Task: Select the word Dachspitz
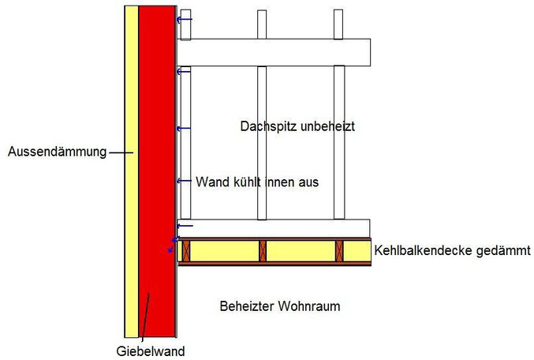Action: pyautogui.click(x=266, y=126)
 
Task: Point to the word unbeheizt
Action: pyautogui.click(x=323, y=126)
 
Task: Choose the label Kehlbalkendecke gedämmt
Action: pyautogui.click(x=452, y=251)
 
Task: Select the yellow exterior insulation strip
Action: pyautogui.click(x=131, y=197)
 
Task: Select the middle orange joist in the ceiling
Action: pyautogui.click(x=263, y=251)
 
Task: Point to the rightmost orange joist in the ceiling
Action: pyautogui.click(x=340, y=251)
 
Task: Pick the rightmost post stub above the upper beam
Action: pyautogui.click(x=338, y=24)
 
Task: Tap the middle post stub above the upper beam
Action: pyautogui.click(x=261, y=24)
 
